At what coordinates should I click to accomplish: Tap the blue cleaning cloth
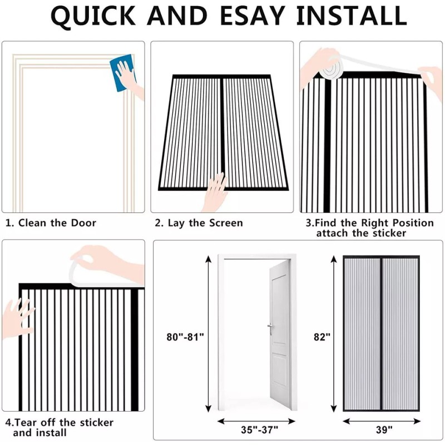121,72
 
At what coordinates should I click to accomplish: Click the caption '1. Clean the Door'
51,223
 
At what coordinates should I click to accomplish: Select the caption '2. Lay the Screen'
199,223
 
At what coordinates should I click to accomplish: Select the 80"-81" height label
185,337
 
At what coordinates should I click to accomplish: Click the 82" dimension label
322,337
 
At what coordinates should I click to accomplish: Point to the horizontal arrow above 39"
381,420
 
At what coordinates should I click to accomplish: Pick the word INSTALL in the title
351,17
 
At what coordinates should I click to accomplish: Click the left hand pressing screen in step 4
18,318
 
